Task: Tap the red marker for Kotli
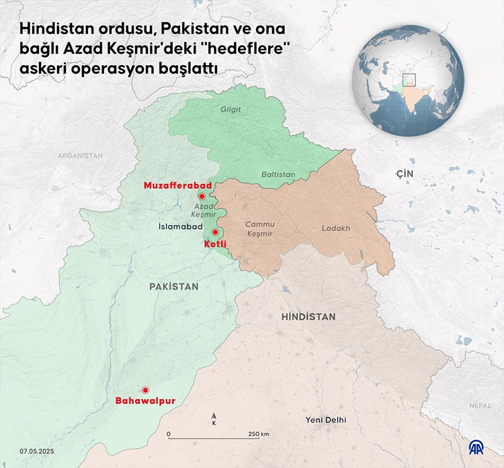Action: [x=215, y=232]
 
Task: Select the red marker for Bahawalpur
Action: [x=144, y=390]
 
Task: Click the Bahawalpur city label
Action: [x=145, y=401]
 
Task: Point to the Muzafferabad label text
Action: [x=177, y=185]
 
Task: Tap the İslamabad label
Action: [x=180, y=228]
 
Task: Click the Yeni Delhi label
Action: [x=325, y=420]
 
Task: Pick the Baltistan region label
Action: [x=278, y=174]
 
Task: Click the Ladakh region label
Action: [x=335, y=228]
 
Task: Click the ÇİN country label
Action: [x=403, y=174]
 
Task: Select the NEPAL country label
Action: [x=480, y=406]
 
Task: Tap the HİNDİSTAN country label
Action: [x=308, y=316]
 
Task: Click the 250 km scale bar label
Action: [x=259, y=434]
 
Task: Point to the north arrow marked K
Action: [x=214, y=420]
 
